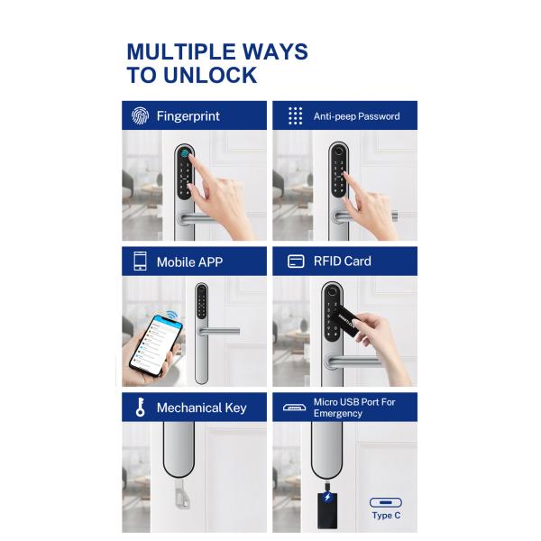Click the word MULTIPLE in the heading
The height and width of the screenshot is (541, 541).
tap(181, 51)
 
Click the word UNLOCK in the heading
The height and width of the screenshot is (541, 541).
tap(210, 75)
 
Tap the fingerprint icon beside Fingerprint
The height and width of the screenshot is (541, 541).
tap(140, 115)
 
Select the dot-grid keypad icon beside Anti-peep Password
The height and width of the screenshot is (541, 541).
tap(295, 115)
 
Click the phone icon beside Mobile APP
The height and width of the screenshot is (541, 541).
tap(140, 261)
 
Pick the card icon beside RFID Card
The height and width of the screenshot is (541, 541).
tap(296, 261)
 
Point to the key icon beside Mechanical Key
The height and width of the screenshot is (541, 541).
tap(140, 408)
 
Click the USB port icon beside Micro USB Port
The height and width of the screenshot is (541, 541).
tap(294, 408)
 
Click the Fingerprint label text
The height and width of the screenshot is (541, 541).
tap(188, 116)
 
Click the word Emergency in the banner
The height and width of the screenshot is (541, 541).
tap(338, 413)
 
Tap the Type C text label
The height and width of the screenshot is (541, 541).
tap(386, 516)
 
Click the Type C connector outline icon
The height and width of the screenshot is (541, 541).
tap(386, 502)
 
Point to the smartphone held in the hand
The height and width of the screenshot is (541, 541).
tap(156, 345)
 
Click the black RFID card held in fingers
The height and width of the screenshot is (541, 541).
tap(347, 321)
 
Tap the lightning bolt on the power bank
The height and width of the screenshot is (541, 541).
tap(327, 497)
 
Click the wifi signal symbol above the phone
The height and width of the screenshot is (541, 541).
tap(172, 315)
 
